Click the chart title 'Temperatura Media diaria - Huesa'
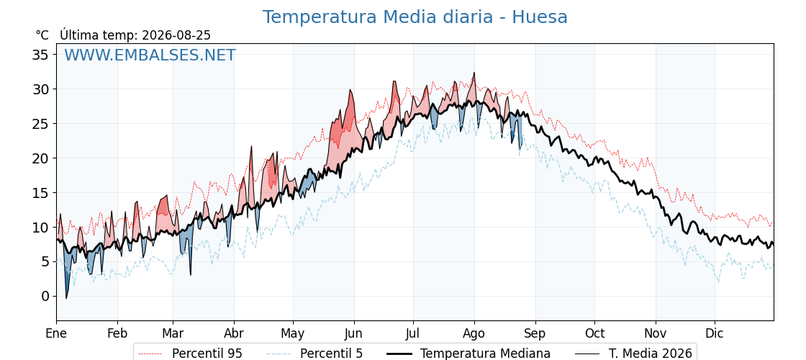point(415,17)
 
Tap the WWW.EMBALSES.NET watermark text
point(150,55)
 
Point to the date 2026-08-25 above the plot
point(176,35)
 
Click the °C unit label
point(42,35)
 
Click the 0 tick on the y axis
point(46,296)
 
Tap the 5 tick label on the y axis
point(46,262)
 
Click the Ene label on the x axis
point(57,333)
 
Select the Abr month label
point(234,333)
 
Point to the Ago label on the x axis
point(474,333)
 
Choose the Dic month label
point(715,333)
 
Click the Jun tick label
point(353,333)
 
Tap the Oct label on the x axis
point(594,333)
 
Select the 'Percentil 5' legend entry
point(315,354)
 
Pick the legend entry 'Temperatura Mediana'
point(467,354)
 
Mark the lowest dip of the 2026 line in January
point(66,298)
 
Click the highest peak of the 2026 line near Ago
point(474,73)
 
